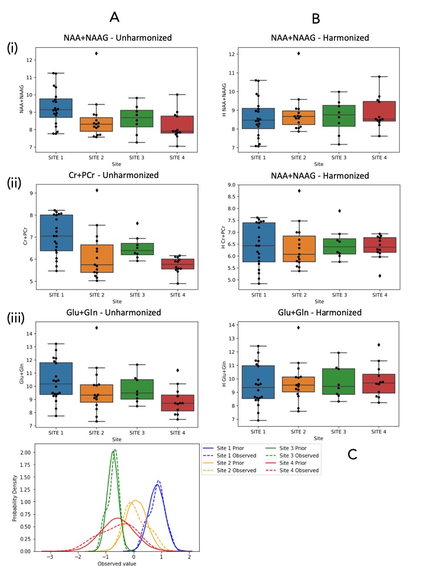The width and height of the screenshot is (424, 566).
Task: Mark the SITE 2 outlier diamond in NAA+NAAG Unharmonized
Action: click(x=96, y=54)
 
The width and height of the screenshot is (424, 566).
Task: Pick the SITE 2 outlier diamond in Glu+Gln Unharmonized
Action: click(x=96, y=327)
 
